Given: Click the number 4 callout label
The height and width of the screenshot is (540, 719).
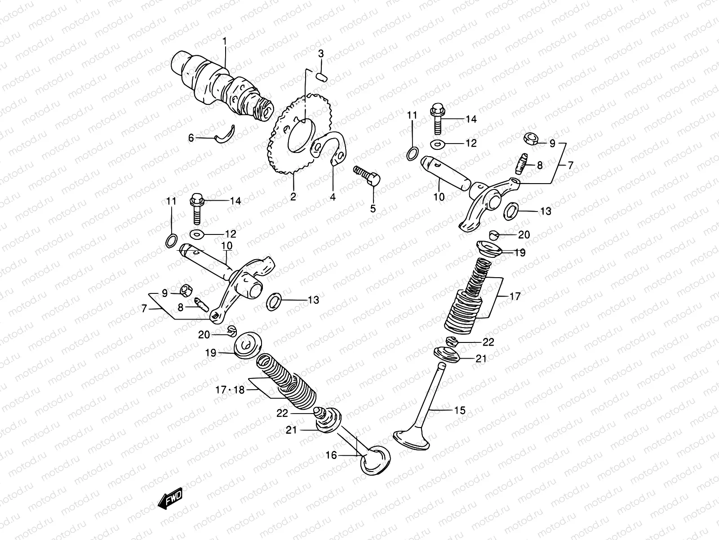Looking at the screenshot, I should pos(333,197).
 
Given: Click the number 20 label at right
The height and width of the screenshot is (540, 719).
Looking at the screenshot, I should pos(524,235).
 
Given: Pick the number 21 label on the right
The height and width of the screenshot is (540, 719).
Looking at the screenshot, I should pos(481,359).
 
